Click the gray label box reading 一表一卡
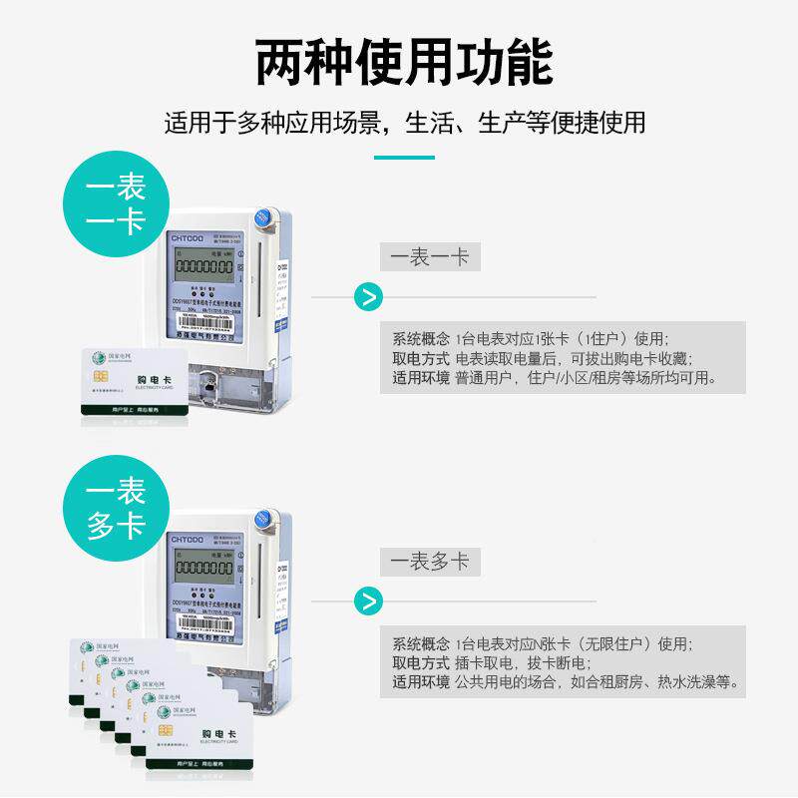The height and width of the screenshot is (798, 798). coord(430,256)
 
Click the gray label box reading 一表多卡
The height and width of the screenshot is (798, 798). coord(430,562)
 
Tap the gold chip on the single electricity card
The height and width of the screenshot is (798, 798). coord(101,375)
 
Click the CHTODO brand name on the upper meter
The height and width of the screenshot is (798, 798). coord(188,237)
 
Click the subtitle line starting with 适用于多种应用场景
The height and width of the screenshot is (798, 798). coord(404,123)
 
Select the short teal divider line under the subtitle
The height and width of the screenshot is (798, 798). coord(404,157)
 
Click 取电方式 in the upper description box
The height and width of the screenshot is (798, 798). coord(420,358)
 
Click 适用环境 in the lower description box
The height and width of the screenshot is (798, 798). coord(420,683)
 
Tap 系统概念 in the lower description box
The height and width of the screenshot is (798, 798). coord(420,643)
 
